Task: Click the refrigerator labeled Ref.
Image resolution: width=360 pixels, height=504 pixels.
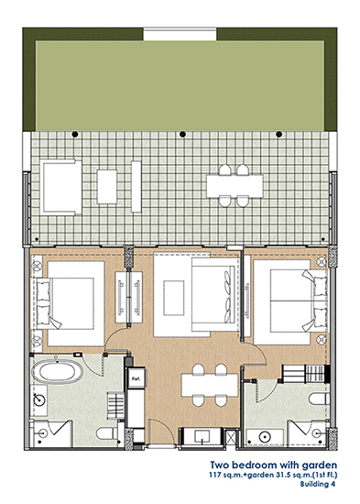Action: [136, 378]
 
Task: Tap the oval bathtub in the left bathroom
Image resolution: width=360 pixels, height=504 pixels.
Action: [58, 371]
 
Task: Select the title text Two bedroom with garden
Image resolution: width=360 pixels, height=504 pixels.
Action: [274, 466]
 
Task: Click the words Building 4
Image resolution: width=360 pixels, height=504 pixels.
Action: [318, 484]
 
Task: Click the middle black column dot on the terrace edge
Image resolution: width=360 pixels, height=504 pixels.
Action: [182, 134]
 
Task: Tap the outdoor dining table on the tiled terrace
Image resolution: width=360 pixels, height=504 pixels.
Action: [235, 186]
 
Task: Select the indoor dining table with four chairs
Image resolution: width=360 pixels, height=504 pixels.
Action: [210, 385]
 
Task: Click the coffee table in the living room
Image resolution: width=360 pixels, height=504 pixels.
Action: [174, 298]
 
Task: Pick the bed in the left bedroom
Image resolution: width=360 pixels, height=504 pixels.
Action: [71, 303]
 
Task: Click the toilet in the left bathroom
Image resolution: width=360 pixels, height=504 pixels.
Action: [109, 433]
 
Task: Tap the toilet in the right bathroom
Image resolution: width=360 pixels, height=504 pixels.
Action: [319, 399]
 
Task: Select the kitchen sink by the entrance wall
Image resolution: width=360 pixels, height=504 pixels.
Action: [202, 436]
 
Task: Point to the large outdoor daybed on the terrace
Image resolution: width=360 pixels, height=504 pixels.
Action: [61, 187]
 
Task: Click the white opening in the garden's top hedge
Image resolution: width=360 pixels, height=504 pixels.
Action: [180, 34]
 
